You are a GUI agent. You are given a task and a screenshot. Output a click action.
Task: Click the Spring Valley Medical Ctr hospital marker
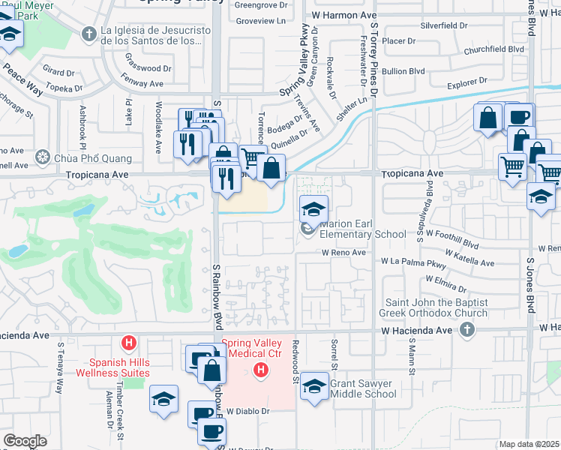pos(260,370)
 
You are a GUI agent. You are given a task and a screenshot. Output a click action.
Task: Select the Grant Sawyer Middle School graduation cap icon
pos(315,386)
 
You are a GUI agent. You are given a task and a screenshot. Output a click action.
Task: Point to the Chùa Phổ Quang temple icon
pos(43,158)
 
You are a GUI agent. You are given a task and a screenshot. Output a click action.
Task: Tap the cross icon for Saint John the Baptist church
pos(467,329)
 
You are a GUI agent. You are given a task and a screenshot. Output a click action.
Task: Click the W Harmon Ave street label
pos(343,14)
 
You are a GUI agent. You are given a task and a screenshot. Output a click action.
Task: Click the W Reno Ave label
pos(343,253)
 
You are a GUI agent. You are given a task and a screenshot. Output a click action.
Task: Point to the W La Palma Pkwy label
pos(414,262)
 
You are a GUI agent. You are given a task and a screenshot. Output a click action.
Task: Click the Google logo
pos(25,441)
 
